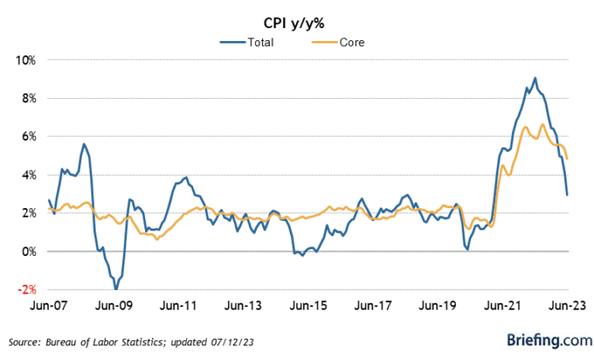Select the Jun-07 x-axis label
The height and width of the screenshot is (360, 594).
pyautogui.click(x=49, y=304)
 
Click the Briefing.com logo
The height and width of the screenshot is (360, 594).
pyautogui.click(x=549, y=341)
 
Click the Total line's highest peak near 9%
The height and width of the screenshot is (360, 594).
pyautogui.click(x=535, y=78)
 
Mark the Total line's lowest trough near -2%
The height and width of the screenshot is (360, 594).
pyautogui.click(x=116, y=288)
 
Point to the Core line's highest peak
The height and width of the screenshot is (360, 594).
pyautogui.click(x=543, y=125)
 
